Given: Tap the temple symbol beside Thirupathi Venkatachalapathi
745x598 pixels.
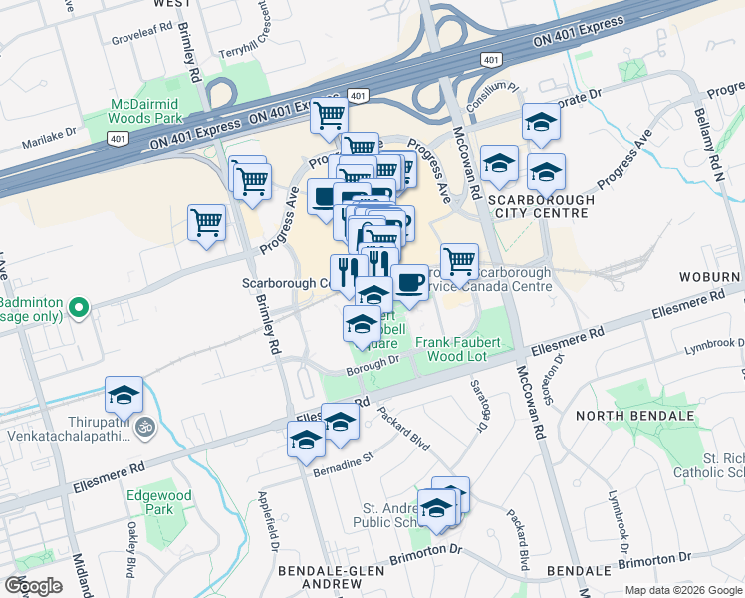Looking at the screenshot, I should (x=145, y=426).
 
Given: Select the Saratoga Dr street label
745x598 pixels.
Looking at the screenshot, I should (x=480, y=413).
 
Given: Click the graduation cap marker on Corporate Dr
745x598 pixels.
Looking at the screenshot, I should (x=542, y=122).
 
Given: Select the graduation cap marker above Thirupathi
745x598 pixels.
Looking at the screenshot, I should (x=124, y=395).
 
